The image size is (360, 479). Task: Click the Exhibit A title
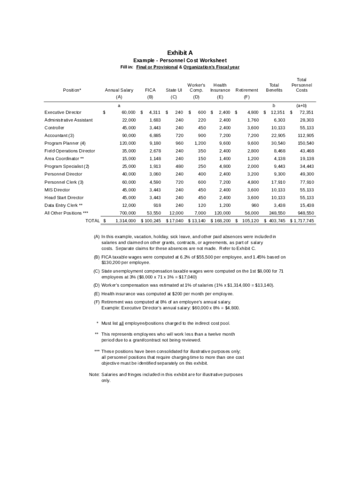[x=180, y=53]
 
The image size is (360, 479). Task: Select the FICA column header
[x=150, y=90]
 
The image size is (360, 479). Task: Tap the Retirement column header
[x=246, y=90]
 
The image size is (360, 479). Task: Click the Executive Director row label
[x=63, y=112]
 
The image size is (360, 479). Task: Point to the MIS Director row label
[x=57, y=190]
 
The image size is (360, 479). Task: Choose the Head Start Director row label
[x=64, y=198]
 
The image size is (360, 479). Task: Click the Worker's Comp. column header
[x=196, y=87]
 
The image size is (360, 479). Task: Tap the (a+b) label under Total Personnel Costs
[x=301, y=106]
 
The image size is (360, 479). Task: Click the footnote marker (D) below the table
[x=96, y=285]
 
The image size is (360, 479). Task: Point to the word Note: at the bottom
[x=94, y=375]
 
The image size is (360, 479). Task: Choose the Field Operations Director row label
[x=70, y=151]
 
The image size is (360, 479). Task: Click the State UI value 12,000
[x=176, y=213]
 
